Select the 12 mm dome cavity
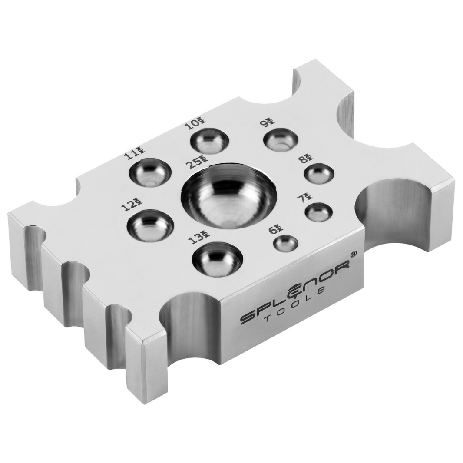(x=150, y=225)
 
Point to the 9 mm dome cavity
(x=281, y=139)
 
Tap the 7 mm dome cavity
(x=318, y=212)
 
